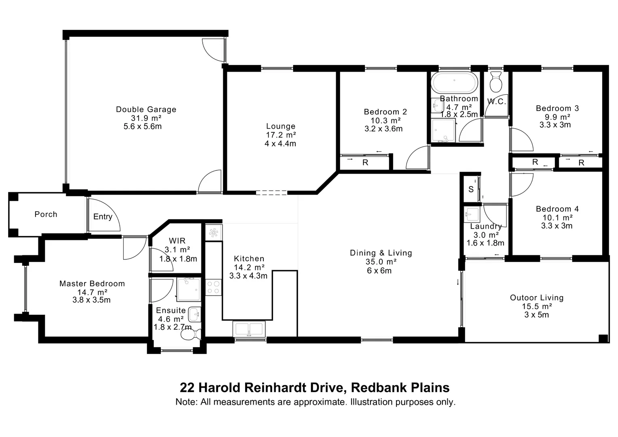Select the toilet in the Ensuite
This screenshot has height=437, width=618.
(192, 335)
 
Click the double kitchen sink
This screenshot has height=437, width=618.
(249, 329)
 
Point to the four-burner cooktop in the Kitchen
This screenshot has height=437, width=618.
(214, 287)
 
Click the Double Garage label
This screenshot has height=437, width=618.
(146, 109)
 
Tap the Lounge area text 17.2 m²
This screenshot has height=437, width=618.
(280, 135)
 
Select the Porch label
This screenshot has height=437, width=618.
(46, 214)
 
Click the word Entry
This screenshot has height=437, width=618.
(103, 216)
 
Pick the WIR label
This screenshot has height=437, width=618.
(177, 241)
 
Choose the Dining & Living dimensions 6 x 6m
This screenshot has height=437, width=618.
(379, 270)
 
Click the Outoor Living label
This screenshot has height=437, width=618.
(536, 297)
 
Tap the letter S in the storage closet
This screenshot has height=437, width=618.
(471, 189)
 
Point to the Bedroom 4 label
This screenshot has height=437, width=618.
(557, 209)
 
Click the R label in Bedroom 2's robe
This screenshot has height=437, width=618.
(365, 162)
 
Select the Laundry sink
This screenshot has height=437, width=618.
(472, 214)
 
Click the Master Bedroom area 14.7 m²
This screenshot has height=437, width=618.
(92, 292)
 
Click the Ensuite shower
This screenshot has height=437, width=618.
(188, 289)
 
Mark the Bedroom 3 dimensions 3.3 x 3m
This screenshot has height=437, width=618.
(555, 125)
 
